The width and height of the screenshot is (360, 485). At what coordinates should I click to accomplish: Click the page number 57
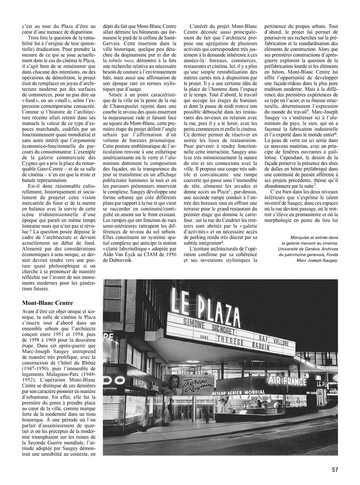[x=334, y=470]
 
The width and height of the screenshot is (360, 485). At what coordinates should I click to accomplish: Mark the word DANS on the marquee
[x=206, y=337]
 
